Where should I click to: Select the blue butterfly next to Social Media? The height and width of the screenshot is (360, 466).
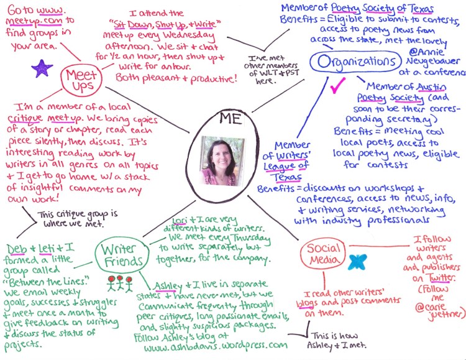click(356, 262)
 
